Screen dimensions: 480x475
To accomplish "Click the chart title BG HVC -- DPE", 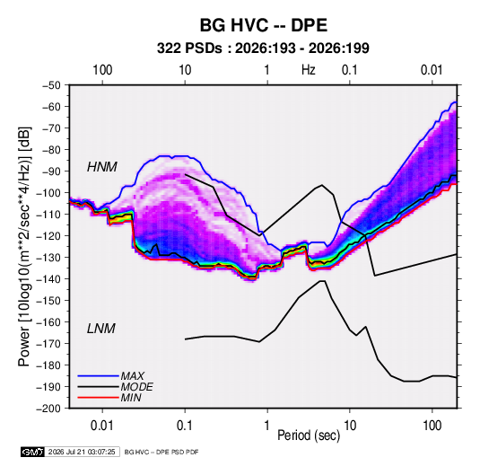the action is [x=264, y=25].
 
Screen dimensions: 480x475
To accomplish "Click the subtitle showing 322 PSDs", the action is [x=263, y=48].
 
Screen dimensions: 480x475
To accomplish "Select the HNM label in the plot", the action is [x=102, y=167].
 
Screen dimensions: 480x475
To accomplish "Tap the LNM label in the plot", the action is [x=101, y=329].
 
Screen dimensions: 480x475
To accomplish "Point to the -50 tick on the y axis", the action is [x=52, y=85].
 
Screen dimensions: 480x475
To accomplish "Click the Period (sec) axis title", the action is [x=309, y=435].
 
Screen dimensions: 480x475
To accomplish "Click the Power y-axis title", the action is [x=24, y=247].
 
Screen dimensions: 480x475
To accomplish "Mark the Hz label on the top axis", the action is [x=309, y=70].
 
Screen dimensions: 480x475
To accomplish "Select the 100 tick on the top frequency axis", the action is [x=102, y=70].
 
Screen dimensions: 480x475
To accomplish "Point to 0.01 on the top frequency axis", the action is [x=432, y=70].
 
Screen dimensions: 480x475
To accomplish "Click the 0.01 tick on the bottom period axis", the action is [x=102, y=426].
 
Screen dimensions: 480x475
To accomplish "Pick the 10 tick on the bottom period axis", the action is [x=350, y=426].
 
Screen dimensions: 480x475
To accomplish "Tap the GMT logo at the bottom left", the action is [x=33, y=452].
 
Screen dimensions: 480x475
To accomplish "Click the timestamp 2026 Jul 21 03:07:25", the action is [x=82, y=452].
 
